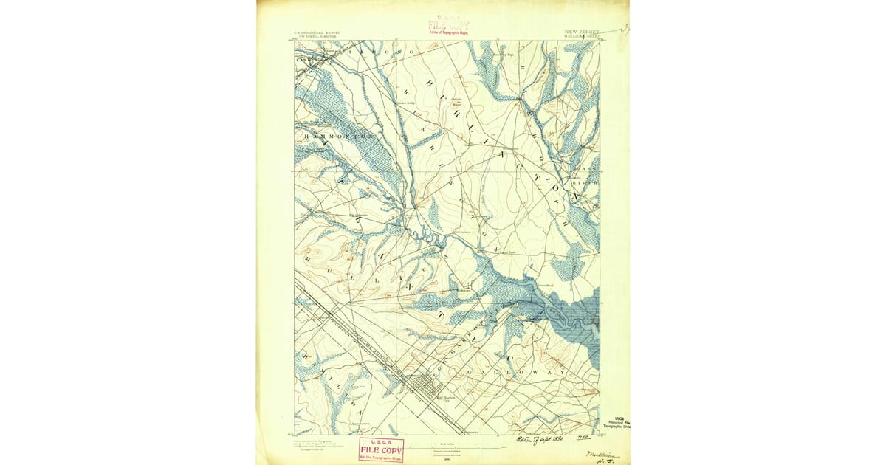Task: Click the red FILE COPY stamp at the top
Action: [447, 26]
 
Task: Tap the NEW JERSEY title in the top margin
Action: [582, 32]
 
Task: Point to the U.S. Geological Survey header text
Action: [314, 33]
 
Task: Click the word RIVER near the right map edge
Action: [588, 181]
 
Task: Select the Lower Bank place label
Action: [544, 285]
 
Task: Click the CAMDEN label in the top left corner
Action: [305, 59]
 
